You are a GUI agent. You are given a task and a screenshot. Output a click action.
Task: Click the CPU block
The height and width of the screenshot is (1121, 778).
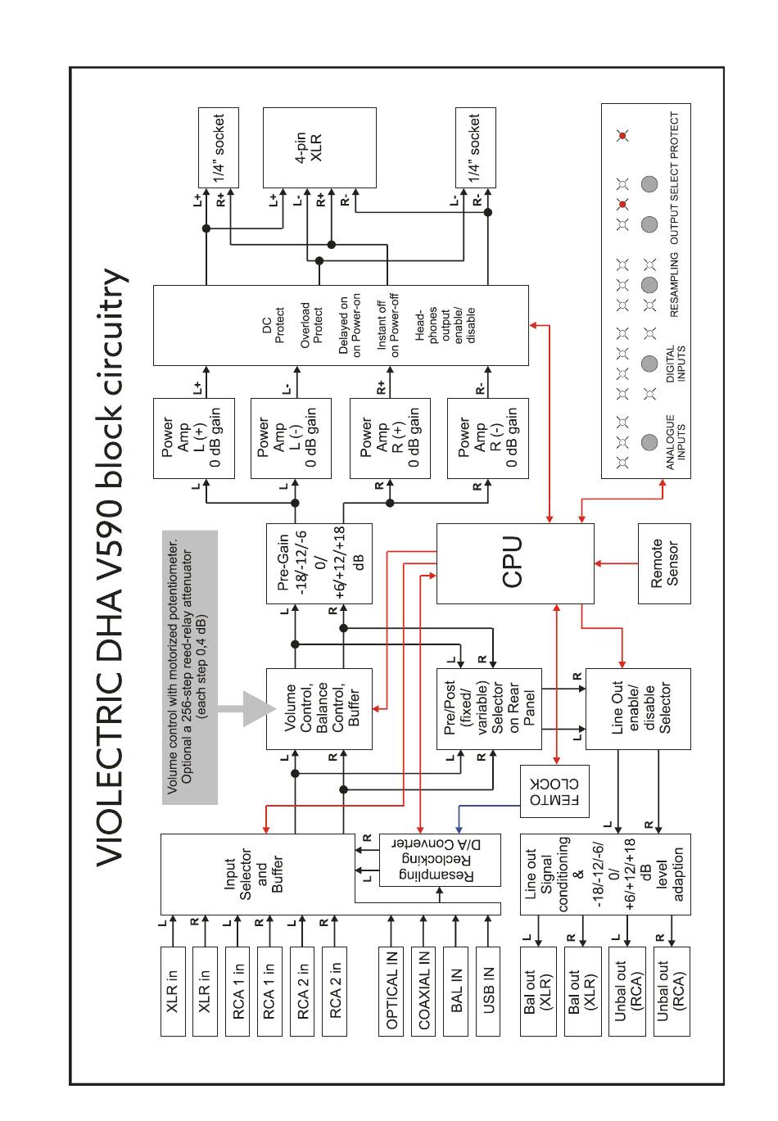(514, 563)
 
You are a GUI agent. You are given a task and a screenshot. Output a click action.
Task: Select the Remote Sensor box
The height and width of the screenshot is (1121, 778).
(664, 563)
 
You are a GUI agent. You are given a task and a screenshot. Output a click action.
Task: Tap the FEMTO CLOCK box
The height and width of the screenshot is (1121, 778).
(554, 791)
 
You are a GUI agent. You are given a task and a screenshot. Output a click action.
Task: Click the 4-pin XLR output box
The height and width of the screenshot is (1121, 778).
(319, 147)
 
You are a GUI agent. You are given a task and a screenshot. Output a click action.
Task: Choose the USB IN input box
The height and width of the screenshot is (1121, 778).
(487, 991)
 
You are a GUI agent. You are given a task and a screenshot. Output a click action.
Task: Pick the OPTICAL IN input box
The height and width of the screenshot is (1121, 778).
(391, 991)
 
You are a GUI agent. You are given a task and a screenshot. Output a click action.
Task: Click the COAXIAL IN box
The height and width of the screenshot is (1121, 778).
(423, 991)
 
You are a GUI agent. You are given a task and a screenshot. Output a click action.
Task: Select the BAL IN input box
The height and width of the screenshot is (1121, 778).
(455, 991)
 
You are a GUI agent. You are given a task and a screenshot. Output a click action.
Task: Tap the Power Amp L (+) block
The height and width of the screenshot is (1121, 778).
(194, 438)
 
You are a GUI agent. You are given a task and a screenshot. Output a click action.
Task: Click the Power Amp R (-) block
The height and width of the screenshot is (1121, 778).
(487, 438)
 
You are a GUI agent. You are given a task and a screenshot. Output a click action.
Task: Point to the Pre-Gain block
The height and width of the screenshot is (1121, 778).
(319, 563)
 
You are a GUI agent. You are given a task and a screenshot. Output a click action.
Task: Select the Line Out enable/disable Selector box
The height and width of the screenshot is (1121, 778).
(638, 708)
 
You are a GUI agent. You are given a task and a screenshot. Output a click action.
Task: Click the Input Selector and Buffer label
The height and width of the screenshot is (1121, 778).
(253, 875)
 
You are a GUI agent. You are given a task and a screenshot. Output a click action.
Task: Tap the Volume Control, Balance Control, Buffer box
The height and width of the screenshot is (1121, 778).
(319, 708)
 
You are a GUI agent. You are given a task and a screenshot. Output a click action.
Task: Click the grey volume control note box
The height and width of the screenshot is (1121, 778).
(190, 667)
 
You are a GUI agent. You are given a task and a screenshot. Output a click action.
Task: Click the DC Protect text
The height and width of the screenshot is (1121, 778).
(273, 325)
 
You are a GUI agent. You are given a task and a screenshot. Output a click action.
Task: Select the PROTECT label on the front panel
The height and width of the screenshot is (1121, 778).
(674, 135)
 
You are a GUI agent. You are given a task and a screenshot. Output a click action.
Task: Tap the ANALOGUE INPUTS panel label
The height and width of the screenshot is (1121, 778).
(676, 442)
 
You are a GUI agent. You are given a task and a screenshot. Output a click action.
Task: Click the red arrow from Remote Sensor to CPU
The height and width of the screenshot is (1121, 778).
(617, 563)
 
